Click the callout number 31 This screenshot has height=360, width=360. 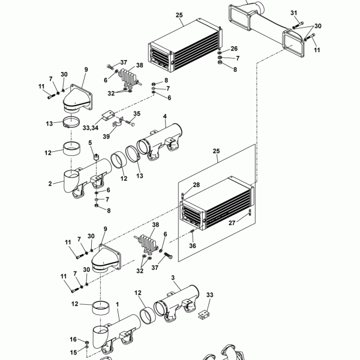(x=294, y=13)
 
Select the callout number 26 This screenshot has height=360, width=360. (x=234, y=49)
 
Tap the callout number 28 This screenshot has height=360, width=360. (x=196, y=185)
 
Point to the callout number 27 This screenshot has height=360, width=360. (x=232, y=223)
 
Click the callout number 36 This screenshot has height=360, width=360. (x=193, y=245)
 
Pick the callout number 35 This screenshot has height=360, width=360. (x=137, y=113)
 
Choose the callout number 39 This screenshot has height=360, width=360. (x=106, y=136)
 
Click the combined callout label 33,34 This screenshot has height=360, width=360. (x=91, y=128)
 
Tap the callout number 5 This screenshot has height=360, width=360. (x=90, y=143)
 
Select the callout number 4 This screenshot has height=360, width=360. (x=165, y=116)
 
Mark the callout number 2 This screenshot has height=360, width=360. (x=50, y=184)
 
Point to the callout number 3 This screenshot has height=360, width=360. (x=173, y=278)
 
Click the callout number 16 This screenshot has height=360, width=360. (x=73, y=340)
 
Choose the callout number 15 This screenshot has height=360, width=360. (x=73, y=352)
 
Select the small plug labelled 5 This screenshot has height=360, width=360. (x=96, y=157)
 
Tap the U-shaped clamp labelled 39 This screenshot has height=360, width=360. (x=117, y=123)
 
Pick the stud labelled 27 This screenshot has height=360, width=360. (x=250, y=212)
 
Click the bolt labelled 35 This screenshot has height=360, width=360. (x=130, y=122)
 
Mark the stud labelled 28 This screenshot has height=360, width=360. (x=183, y=196)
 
